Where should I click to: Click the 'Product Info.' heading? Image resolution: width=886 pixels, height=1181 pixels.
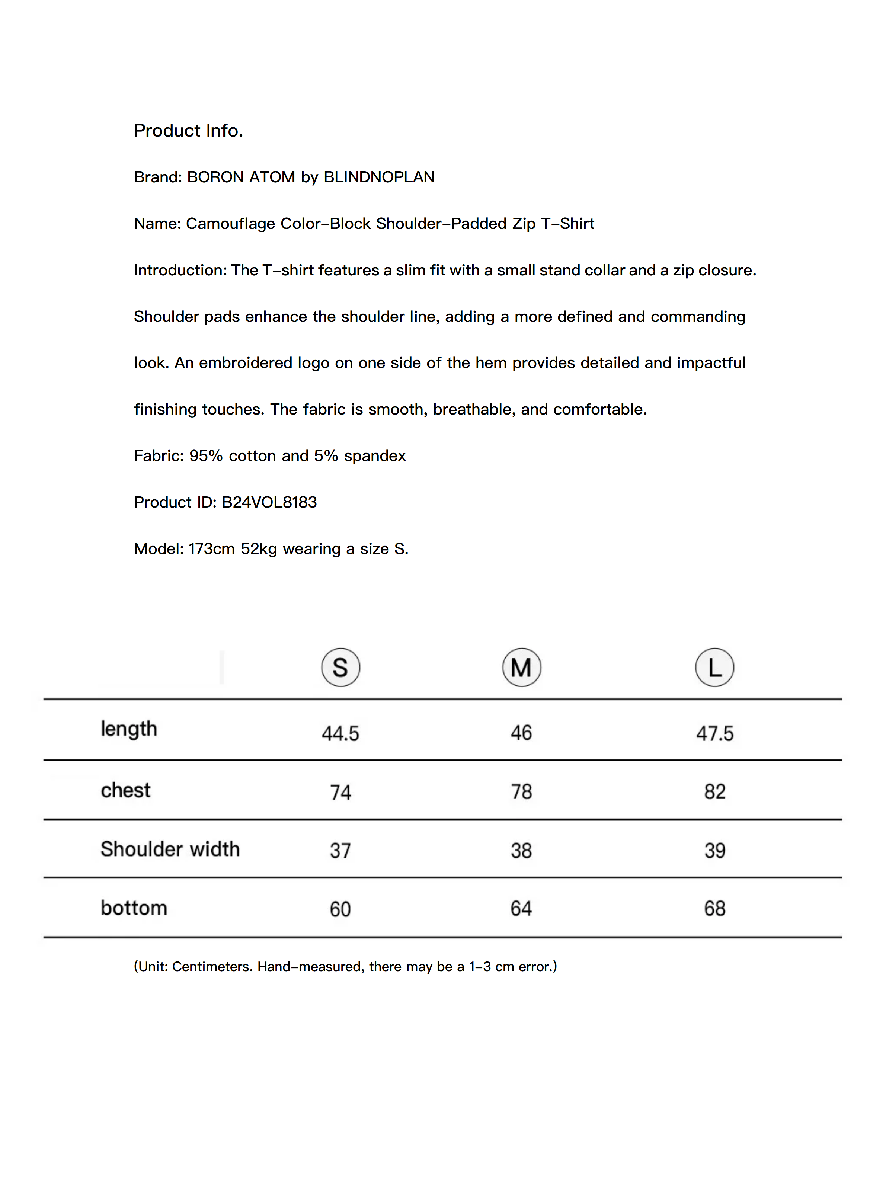point(188,130)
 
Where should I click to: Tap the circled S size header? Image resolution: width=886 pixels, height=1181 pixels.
point(340,668)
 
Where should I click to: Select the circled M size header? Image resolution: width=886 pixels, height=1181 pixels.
point(521,668)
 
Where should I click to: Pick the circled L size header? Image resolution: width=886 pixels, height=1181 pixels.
point(714,668)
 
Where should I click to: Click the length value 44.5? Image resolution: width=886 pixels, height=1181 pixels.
point(340,733)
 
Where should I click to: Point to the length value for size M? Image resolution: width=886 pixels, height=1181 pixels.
point(521,733)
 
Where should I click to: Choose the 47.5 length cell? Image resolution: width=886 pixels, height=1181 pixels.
point(714,733)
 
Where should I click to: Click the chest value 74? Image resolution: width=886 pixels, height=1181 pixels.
point(340,792)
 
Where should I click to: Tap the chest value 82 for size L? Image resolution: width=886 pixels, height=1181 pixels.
point(714,791)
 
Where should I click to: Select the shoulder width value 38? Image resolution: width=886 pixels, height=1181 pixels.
point(521,850)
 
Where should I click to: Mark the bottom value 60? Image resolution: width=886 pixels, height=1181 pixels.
point(340,909)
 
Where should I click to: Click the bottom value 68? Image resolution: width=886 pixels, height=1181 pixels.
point(714,908)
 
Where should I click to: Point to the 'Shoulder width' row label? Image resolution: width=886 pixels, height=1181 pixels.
point(170,849)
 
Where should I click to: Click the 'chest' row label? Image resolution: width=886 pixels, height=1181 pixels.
point(125,790)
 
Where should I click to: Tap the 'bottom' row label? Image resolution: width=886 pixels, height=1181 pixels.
point(134,908)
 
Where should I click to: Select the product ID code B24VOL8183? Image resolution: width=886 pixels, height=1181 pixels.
point(269,502)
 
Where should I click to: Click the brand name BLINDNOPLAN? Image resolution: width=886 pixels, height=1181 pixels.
point(379,177)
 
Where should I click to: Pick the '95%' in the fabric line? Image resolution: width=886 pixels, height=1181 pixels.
point(206,455)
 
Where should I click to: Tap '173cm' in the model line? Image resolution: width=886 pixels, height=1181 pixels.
point(211,548)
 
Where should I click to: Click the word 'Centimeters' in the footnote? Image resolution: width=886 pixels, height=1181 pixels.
point(212,966)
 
